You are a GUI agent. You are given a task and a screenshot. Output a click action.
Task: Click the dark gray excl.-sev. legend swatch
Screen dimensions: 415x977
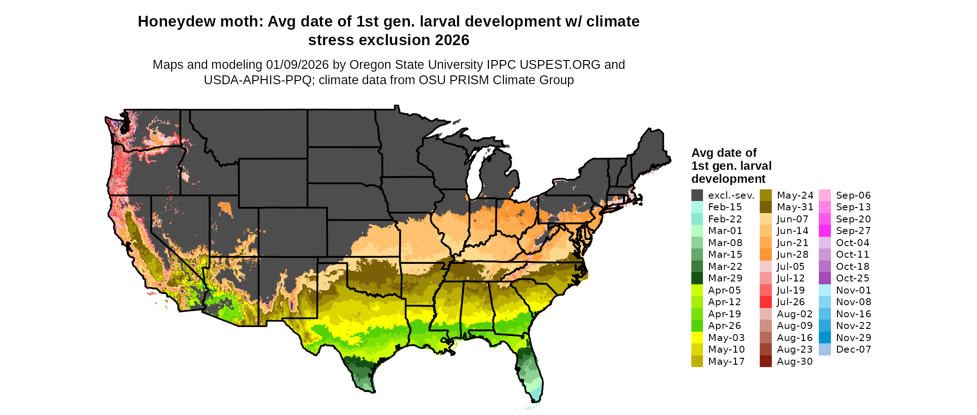pyautogui.click(x=697, y=195)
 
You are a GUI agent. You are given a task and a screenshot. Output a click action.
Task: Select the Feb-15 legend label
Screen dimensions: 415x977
pyautogui.click(x=725, y=207)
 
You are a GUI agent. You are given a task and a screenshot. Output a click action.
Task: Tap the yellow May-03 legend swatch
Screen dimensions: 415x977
pyautogui.click(x=697, y=338)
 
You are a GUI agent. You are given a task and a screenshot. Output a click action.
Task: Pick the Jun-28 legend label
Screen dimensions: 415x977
pyautogui.click(x=792, y=254)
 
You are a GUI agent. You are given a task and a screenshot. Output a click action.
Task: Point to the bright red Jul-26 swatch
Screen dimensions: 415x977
pyautogui.click(x=765, y=302)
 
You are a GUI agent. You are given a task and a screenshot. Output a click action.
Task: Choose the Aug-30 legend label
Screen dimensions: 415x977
pyautogui.click(x=795, y=361)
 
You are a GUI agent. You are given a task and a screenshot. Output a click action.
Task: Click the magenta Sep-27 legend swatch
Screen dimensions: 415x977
pyautogui.click(x=824, y=231)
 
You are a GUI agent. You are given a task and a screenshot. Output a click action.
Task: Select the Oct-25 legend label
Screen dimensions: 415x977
pyautogui.click(x=852, y=278)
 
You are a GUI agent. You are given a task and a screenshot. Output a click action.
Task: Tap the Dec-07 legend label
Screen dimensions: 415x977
pyautogui.click(x=853, y=349)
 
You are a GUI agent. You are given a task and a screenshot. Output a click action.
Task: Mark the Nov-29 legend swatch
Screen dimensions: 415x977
pyautogui.click(x=824, y=338)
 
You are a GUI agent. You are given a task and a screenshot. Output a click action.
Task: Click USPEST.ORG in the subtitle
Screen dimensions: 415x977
pyautogui.click(x=561, y=65)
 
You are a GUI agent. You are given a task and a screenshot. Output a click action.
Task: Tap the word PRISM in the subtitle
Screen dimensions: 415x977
pyautogui.click(x=468, y=80)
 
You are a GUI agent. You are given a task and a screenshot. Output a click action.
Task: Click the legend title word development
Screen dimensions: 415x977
pyautogui.click(x=728, y=179)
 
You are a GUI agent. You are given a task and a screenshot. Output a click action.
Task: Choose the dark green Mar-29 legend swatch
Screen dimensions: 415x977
pyautogui.click(x=697, y=278)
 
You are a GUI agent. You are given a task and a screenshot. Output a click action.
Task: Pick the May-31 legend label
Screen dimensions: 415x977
pyautogui.click(x=795, y=207)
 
